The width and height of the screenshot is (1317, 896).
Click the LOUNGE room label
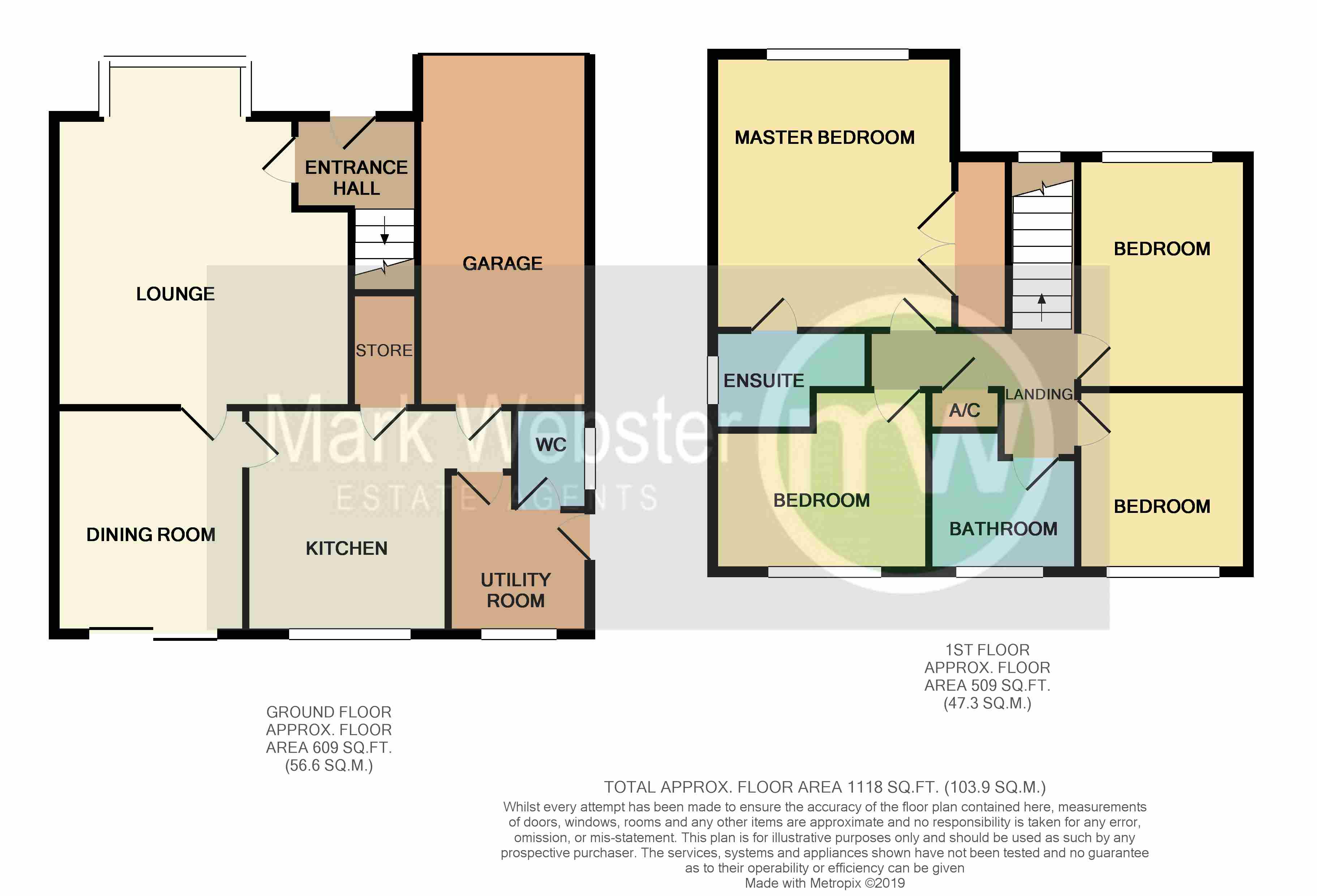click(x=175, y=293)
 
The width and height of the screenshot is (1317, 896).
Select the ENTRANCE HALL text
click(x=356, y=177)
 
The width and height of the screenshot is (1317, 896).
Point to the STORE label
click(x=384, y=350)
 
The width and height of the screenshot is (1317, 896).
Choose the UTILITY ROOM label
click(x=516, y=590)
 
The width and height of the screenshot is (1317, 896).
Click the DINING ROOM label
click(x=151, y=535)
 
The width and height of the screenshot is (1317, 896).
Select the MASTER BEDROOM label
click(x=824, y=137)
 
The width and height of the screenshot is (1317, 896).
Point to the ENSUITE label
click(x=764, y=380)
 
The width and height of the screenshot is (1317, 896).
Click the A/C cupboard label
click(x=965, y=410)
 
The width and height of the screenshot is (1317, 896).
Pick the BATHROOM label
click(x=1003, y=529)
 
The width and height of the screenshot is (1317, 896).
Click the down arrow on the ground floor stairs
click(x=384, y=230)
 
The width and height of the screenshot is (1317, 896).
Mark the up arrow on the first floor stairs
click(x=1042, y=307)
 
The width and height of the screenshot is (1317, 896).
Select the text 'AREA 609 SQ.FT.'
click(x=329, y=747)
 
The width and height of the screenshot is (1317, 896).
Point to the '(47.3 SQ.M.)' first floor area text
click(x=987, y=703)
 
